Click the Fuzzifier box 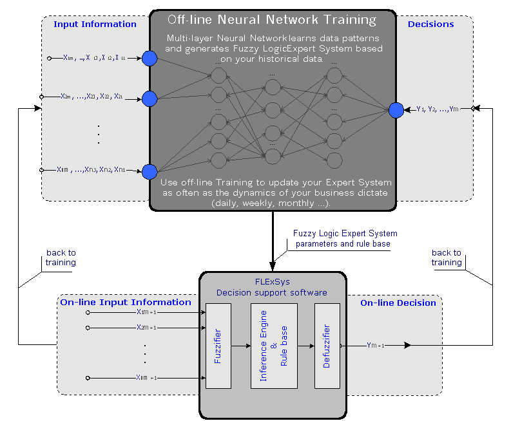218,346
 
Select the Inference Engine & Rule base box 274,346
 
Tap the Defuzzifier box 327,346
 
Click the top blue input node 149,58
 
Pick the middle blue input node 149,98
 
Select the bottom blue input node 149,171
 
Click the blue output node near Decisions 396,110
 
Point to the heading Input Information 95,24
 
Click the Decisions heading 430,24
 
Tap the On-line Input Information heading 126,303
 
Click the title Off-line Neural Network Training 271,20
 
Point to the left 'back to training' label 61,257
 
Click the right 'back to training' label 447,257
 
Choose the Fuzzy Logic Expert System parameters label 345,239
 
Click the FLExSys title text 272,282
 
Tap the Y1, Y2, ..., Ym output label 437,109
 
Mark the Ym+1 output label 375,346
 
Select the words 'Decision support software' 272,293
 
